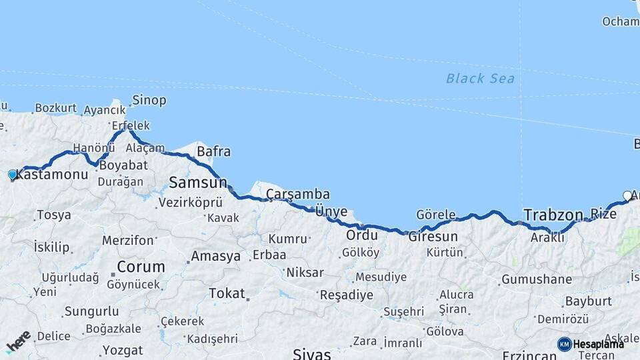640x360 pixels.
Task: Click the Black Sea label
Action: tap(480, 79)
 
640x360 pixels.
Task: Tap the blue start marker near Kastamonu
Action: tap(12, 175)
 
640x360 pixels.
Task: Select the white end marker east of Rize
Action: tap(627, 195)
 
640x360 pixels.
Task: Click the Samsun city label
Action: tap(197, 182)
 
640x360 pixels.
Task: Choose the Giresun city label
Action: tap(433, 237)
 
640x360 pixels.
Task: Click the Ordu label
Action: tap(361, 235)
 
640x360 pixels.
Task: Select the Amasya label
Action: tap(215, 256)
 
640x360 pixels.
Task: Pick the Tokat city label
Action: tap(227, 293)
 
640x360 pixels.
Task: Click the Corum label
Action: tap(141, 267)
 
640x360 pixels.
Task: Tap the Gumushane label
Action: tap(536, 279)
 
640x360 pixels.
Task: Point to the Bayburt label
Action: tap(588, 301)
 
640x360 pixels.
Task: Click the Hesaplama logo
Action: tap(591, 344)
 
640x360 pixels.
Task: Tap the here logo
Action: tap(19, 342)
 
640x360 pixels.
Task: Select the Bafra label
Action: tap(213, 152)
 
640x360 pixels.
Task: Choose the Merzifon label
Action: tap(128, 240)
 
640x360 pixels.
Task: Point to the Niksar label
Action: tap(305, 272)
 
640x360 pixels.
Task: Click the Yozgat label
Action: tap(123, 350)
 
